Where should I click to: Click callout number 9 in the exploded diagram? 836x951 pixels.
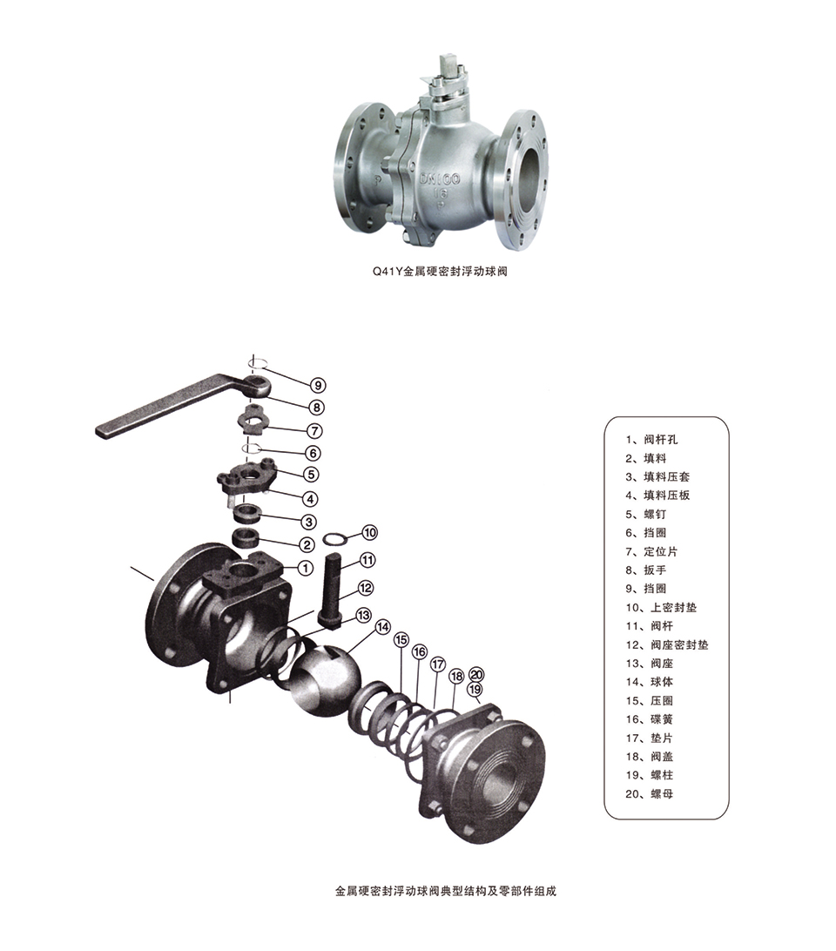pyautogui.click(x=317, y=385)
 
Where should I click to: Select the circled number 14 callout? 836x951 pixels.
pyautogui.click(x=383, y=627)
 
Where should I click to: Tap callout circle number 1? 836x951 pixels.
pyautogui.click(x=306, y=568)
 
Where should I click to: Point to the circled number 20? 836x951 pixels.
pyautogui.click(x=477, y=675)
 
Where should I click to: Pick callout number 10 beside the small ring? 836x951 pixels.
pyautogui.click(x=369, y=532)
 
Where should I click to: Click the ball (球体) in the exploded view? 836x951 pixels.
pyautogui.click(x=325, y=678)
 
